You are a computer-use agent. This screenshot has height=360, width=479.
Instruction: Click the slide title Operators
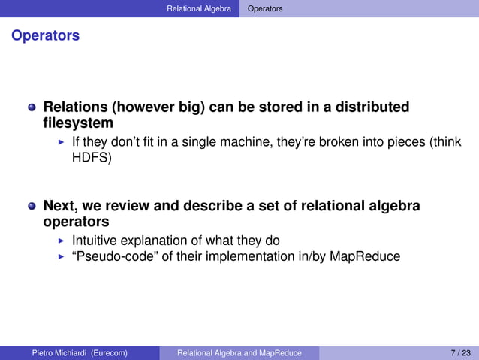45,35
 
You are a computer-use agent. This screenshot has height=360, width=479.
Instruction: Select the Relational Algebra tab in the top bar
199,8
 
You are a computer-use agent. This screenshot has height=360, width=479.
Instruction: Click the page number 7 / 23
460,353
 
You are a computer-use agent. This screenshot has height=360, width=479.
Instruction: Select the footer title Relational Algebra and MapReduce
239,353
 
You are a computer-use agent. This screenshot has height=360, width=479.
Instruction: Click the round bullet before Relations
32,107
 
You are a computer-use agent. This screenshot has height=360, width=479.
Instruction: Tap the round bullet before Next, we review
32,207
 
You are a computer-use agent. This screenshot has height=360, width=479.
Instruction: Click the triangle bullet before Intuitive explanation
62,241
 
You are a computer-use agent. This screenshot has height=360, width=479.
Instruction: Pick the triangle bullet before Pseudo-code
62,257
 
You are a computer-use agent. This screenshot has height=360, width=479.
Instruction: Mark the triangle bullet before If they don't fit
62,142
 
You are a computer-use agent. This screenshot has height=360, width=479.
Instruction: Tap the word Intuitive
95,241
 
